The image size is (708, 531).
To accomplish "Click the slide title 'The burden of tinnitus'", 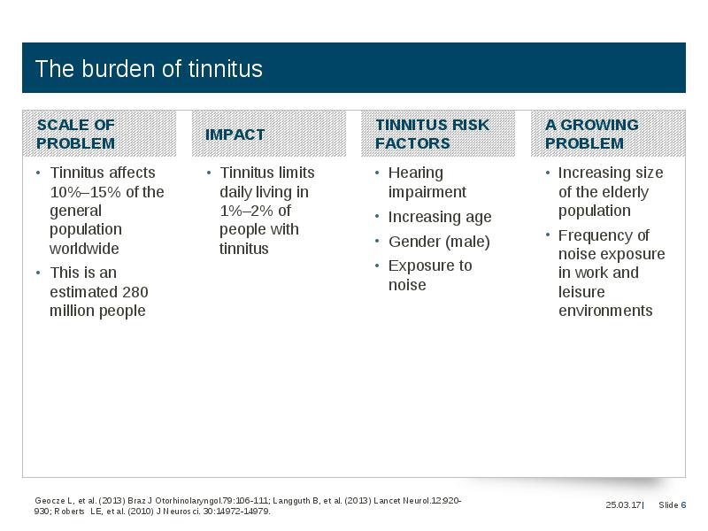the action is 149,69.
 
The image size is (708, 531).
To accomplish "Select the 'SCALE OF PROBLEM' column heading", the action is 76,135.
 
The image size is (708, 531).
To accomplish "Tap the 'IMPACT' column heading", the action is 235,135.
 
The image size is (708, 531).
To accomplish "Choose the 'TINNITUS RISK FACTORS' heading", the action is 432,135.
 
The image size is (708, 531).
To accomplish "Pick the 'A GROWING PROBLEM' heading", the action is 592,135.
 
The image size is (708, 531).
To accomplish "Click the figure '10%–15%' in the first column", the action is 86,192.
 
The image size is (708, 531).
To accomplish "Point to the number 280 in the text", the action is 135,292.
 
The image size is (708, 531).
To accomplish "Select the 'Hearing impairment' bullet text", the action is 427,182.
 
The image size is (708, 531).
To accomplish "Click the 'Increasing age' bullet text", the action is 440,217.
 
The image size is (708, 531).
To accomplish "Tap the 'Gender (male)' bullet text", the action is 439,242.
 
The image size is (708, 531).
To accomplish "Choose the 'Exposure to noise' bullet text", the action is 430,275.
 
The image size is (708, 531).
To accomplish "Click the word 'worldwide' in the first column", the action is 84,249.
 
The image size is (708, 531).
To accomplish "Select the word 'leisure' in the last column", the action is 581,292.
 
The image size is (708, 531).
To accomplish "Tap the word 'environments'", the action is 605,311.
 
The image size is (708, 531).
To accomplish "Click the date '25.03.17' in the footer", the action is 624,504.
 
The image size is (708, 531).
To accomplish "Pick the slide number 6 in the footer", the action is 683,504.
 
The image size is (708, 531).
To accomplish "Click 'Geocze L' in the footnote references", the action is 54,501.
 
